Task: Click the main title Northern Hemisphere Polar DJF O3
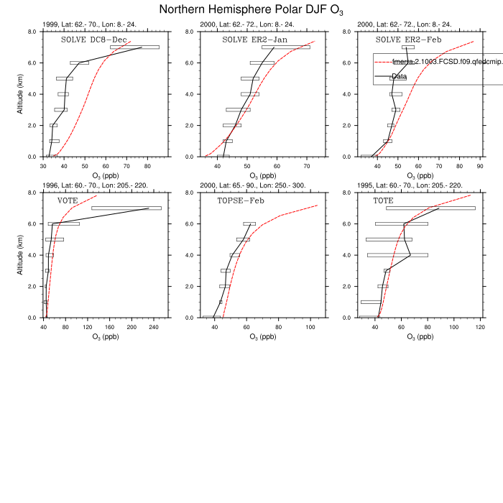point(251,9)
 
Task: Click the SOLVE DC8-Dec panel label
point(93,40)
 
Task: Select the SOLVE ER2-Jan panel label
point(254,40)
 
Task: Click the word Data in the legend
point(400,76)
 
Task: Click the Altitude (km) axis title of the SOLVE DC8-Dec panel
point(19,94)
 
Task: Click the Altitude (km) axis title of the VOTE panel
point(19,255)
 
